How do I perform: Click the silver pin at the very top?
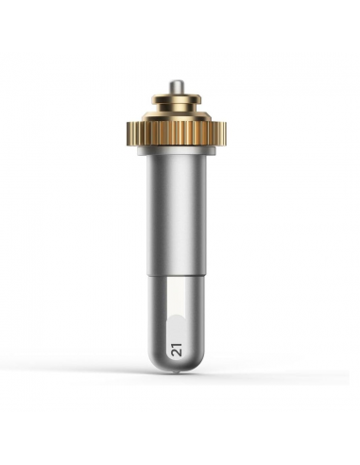click(x=175, y=87)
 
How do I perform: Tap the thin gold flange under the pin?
click(x=176, y=99)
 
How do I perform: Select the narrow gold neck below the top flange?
click(x=176, y=109)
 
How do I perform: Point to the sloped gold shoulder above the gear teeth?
click(x=176, y=117)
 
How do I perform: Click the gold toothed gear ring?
click(x=177, y=134)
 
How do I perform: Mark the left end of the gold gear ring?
click(x=127, y=134)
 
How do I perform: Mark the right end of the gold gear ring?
click(x=226, y=134)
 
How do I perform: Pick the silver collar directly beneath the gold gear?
click(x=177, y=152)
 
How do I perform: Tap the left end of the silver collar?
click(x=137, y=152)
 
